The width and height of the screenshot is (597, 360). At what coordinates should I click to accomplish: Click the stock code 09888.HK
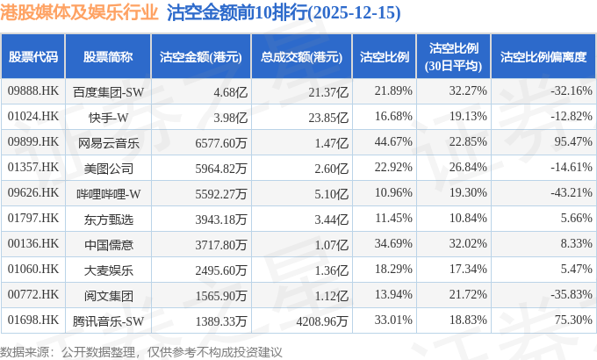click(x=33, y=91)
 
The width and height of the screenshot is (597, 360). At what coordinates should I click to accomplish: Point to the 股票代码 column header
click(x=33, y=56)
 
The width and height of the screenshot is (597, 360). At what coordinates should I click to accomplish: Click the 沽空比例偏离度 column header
click(x=543, y=56)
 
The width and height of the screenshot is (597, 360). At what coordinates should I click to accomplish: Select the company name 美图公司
click(x=108, y=167)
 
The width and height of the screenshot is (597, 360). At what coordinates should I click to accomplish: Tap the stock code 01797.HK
click(x=33, y=218)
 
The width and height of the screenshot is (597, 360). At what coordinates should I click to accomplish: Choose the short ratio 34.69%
click(x=392, y=243)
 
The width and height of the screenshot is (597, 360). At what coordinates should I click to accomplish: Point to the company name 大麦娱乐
click(x=108, y=269)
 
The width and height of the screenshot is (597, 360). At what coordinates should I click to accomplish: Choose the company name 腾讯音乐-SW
click(x=108, y=320)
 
